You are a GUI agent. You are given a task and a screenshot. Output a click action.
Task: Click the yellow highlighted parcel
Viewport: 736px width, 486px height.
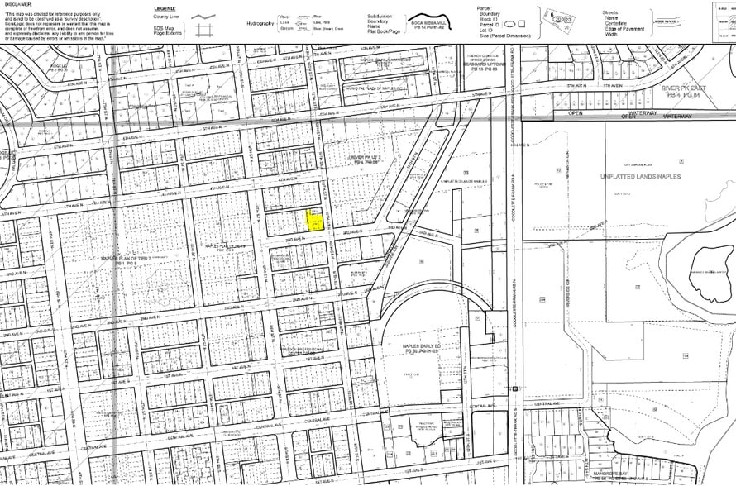315,219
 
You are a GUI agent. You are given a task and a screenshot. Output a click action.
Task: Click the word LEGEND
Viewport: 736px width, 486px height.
164,7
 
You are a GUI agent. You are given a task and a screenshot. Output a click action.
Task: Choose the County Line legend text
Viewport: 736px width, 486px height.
168,17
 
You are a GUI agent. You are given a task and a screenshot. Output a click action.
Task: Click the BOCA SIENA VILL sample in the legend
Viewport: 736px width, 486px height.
428,27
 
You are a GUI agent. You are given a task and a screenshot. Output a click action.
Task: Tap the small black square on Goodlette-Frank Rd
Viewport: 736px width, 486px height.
514,388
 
